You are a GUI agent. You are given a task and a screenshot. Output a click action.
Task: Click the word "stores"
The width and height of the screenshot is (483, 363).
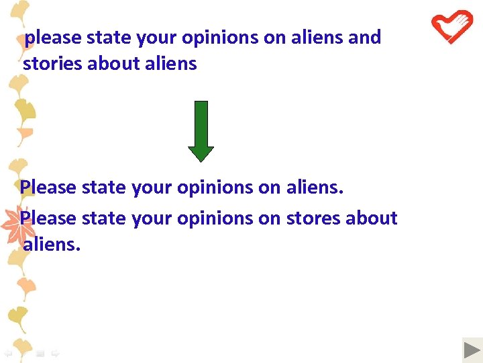pos(311,218)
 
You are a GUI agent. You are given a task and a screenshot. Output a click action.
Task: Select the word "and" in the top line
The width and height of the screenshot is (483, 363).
pos(365,37)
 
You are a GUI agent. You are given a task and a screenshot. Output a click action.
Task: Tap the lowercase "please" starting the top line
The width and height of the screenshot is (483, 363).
pos(53,38)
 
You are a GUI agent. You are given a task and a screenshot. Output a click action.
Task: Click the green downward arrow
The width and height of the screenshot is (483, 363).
pos(201,130)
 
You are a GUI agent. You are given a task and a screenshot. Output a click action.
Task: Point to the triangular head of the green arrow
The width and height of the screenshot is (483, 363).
pos(201,153)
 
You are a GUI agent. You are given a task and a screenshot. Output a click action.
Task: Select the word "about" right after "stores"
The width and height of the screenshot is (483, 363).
pos(368,218)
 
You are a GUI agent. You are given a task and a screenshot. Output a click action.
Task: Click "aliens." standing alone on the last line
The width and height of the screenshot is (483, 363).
pos(52,245)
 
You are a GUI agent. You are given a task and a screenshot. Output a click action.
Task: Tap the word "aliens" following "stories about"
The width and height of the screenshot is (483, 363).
pos(170,64)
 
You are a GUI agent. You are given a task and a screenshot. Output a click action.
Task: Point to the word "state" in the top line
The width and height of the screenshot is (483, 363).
pos(109,38)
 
